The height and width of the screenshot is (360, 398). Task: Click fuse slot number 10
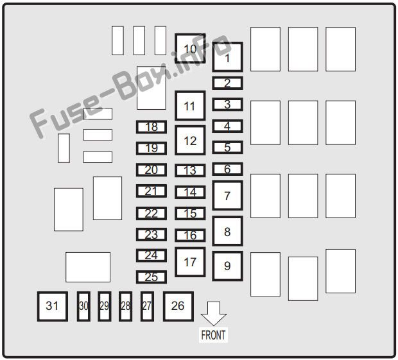pyautogui.click(x=190, y=49)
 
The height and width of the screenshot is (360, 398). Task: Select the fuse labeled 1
pyautogui.click(x=227, y=57)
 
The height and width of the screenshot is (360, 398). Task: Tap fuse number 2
pyautogui.click(x=227, y=83)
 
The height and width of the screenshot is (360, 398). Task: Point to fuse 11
pyautogui.click(x=190, y=105)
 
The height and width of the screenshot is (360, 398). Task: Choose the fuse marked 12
pyautogui.click(x=190, y=140)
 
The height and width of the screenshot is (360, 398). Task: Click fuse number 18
pyautogui.click(x=151, y=127)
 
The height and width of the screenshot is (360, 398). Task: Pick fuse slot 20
pyautogui.click(x=151, y=169)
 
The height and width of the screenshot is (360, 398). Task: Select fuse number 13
pyautogui.click(x=190, y=170)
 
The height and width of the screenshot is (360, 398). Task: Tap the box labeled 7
pyautogui.click(x=227, y=195)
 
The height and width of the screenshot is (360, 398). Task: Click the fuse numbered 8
pyautogui.click(x=227, y=231)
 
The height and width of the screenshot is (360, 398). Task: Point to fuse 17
pyautogui.click(x=190, y=262)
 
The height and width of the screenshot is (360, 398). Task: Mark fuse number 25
pyautogui.click(x=151, y=277)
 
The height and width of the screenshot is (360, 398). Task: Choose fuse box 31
pyautogui.click(x=53, y=306)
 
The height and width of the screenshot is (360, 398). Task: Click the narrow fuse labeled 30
pyautogui.click(x=83, y=306)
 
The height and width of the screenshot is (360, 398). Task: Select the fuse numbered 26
pyautogui.click(x=178, y=306)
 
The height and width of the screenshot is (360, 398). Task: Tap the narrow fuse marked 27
pyautogui.click(x=147, y=306)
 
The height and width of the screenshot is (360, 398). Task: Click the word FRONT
pyautogui.click(x=213, y=335)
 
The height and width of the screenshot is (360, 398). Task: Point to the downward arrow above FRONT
pyautogui.click(x=214, y=314)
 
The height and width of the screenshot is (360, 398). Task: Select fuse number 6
pyautogui.click(x=227, y=169)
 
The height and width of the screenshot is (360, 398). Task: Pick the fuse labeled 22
pyautogui.click(x=151, y=213)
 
